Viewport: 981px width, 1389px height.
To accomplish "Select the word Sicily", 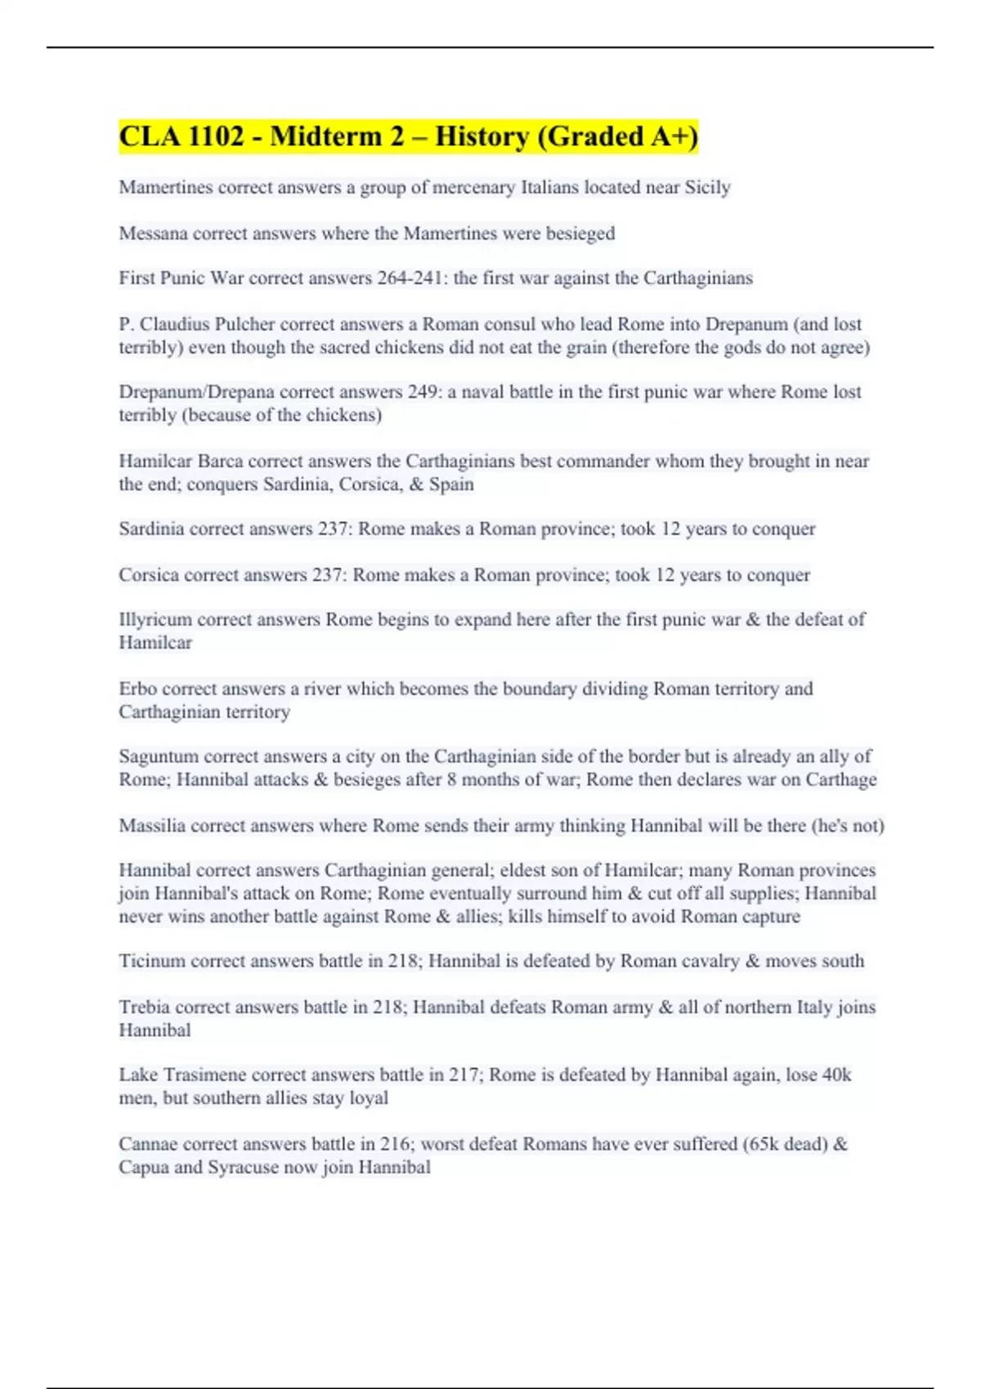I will (707, 187).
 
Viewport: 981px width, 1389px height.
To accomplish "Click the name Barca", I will (220, 461).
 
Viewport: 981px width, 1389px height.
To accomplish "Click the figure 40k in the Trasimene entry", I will (835, 1075).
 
